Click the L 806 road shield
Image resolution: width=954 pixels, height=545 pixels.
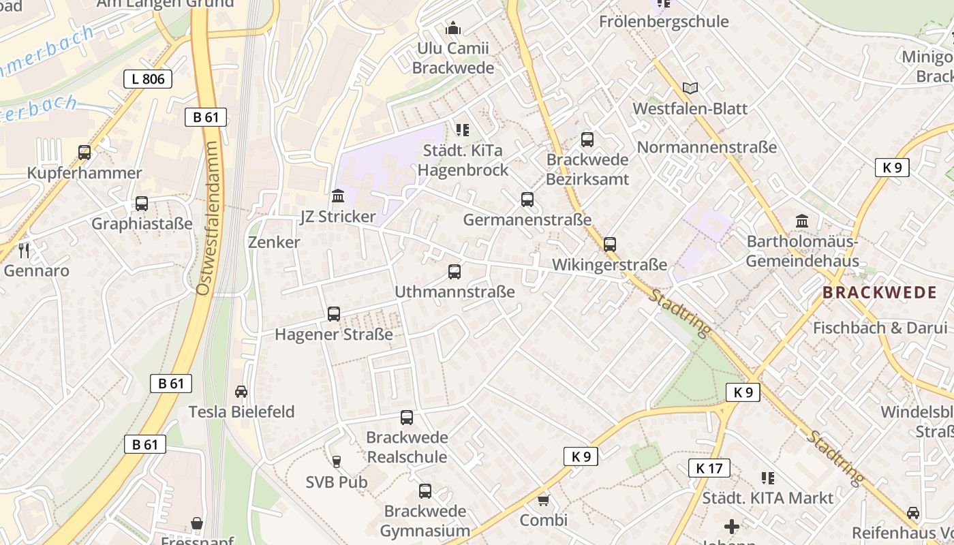[148, 79]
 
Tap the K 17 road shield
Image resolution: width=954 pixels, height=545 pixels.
[709, 468]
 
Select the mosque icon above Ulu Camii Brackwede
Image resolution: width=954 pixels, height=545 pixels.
[453, 28]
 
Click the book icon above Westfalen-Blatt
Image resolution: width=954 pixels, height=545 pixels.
[690, 88]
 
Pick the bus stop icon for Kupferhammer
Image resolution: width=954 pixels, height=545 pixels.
[84, 153]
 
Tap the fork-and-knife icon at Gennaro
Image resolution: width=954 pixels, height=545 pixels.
[25, 250]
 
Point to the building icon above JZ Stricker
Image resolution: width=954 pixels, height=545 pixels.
[338, 196]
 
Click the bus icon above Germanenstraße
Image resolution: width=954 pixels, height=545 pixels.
[527, 200]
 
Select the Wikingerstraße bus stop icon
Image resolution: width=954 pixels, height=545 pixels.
[610, 244]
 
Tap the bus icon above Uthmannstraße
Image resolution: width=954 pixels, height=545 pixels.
[455, 272]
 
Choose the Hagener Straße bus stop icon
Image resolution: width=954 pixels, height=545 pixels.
[334, 314]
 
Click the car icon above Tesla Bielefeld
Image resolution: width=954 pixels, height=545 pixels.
[241, 391]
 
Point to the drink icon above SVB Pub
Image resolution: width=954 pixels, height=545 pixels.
[336, 462]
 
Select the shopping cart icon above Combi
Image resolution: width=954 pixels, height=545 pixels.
[543, 501]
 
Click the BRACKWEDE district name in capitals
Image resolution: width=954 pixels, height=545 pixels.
[879, 293]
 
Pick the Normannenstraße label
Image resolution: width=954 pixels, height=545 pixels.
[707, 147]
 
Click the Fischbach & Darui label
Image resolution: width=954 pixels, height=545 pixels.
[880, 328]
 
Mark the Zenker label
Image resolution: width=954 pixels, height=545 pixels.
[274, 243]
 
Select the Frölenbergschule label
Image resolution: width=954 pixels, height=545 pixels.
[664, 22]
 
